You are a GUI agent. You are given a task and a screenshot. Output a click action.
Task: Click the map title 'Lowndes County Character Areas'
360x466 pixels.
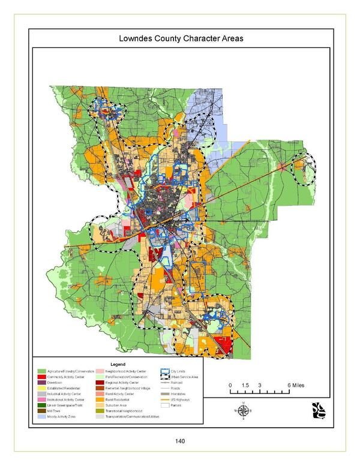[x=180, y=39]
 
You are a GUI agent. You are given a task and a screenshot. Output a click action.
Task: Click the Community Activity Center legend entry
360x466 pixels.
[x=65, y=376]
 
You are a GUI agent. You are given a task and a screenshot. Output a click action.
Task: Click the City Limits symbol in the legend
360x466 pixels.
[x=163, y=371]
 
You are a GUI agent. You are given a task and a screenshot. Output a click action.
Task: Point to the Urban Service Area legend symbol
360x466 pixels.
[x=163, y=376]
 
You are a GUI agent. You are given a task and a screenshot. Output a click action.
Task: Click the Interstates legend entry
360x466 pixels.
[x=177, y=393]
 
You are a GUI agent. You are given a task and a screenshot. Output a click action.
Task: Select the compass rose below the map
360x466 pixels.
[x=244, y=411]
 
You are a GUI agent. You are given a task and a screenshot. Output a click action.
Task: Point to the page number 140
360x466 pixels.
[x=179, y=441]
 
